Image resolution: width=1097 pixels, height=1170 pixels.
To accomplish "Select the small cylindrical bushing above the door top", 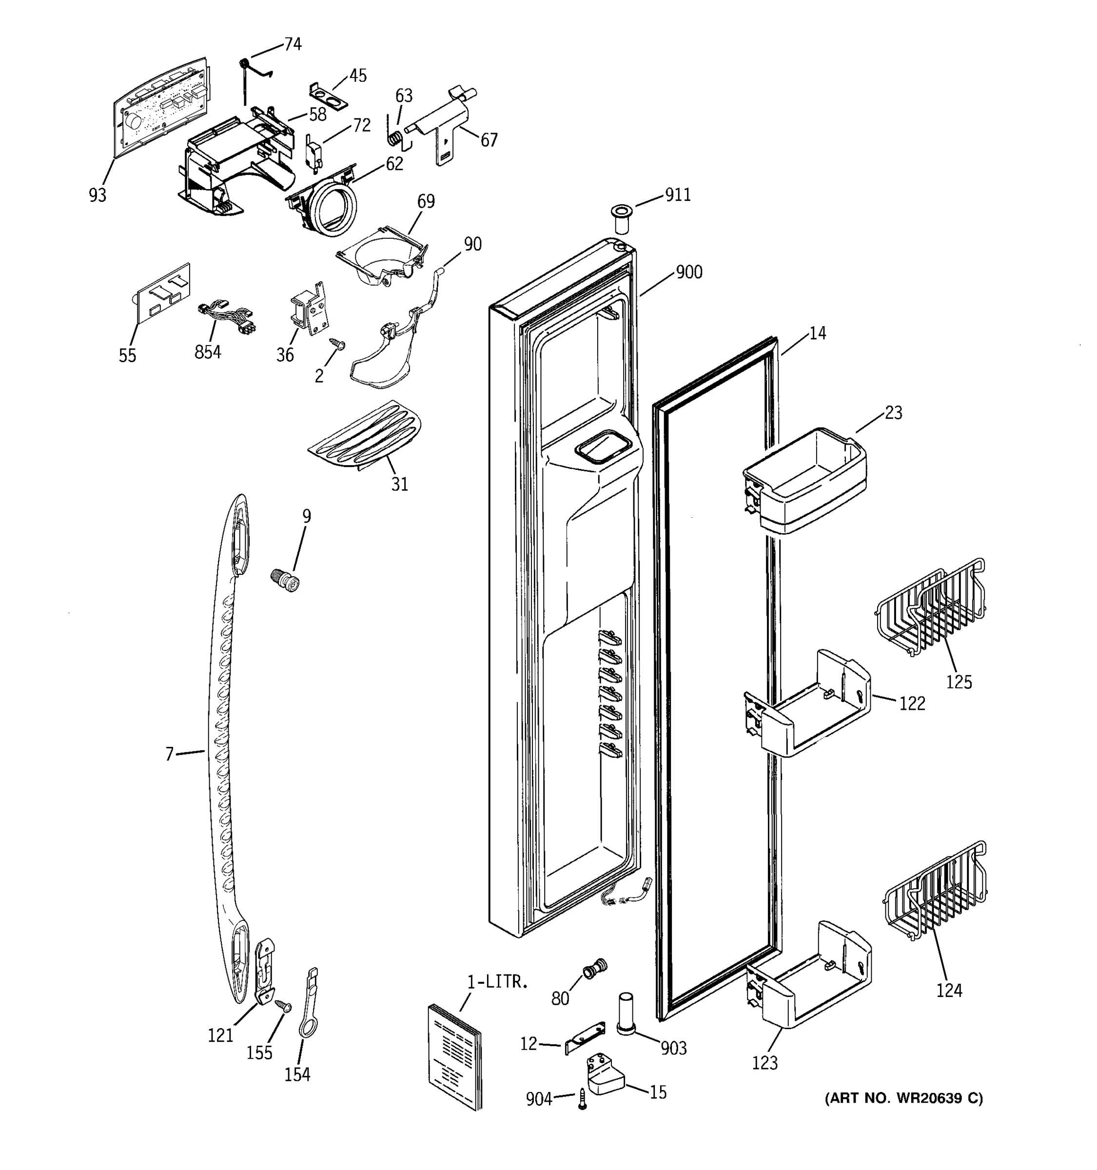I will coord(620,218).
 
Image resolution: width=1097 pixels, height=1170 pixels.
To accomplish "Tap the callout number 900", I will coord(688,273).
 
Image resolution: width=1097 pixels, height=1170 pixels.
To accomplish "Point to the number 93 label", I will coord(98,195).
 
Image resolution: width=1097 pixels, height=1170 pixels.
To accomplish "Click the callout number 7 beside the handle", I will coord(170,754).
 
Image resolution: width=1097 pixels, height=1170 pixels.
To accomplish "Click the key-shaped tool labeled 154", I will coord(309,1005).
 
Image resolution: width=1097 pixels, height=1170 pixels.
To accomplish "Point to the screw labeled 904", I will coord(582,1099).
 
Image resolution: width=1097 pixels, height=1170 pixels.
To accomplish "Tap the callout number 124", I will coord(949,990).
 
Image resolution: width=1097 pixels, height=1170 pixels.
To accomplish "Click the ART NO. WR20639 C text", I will coord(903,1098).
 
